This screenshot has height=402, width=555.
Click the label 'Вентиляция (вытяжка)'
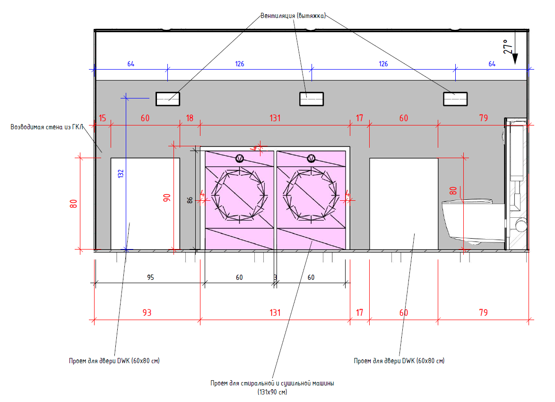coord(293,16)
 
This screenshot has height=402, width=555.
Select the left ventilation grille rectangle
coord(168,99)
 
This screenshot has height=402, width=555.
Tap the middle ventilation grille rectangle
coord(312,99)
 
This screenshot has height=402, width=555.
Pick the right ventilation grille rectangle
coord(455,99)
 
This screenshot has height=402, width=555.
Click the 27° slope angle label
coord(508,46)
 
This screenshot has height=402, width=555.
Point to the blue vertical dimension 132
coord(121,173)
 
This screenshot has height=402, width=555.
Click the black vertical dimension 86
coord(190,200)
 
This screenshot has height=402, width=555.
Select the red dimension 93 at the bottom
coord(147,313)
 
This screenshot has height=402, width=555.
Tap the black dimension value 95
coord(150,277)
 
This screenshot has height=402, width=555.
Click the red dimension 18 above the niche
coord(190,118)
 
